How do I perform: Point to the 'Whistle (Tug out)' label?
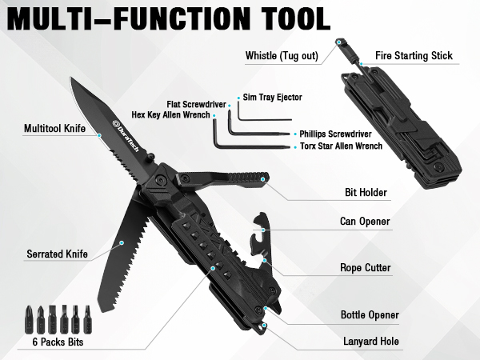tap(285, 55)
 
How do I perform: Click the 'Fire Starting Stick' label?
tap(414, 56)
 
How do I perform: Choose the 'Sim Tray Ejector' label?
tap(273, 96)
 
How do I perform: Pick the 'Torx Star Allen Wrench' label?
tap(340, 146)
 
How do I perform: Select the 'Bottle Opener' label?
tap(370, 315)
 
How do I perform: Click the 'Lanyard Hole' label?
tap(370, 342)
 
